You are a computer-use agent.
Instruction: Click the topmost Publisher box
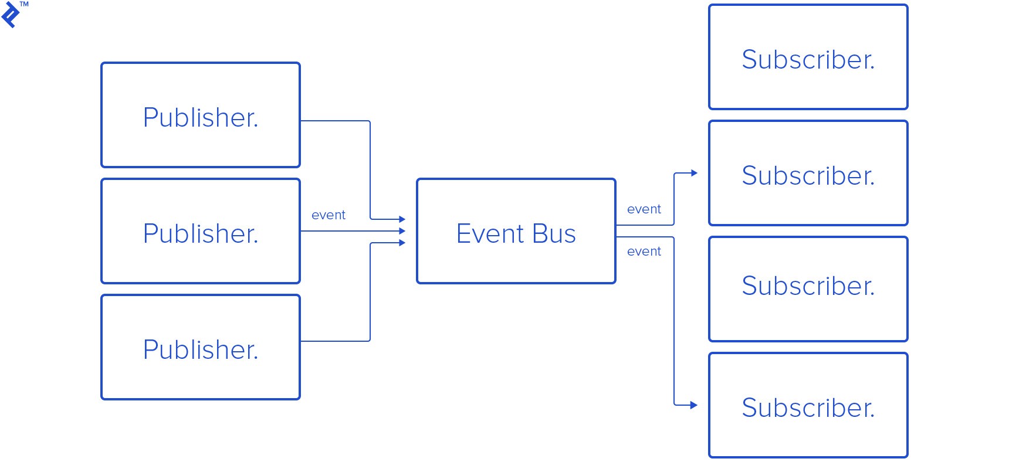(x=201, y=115)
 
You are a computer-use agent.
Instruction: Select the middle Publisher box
(x=201, y=231)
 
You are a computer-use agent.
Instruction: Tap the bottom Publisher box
(x=201, y=347)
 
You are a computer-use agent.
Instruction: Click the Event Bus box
(x=516, y=231)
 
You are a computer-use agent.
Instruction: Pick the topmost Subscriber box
(x=808, y=57)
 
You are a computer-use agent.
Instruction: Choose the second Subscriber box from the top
(x=808, y=173)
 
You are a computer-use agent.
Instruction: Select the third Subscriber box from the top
(x=808, y=289)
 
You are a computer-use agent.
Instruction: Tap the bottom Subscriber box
(x=808, y=405)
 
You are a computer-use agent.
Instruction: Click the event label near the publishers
(x=329, y=215)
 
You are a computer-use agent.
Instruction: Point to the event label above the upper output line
(x=644, y=209)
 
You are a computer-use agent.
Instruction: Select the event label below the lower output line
(x=644, y=252)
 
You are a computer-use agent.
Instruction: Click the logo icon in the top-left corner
(x=10, y=15)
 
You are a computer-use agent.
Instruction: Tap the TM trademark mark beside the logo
(x=24, y=4)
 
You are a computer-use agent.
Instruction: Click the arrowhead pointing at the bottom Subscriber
(x=695, y=405)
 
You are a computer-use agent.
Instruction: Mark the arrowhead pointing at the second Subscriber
(x=695, y=173)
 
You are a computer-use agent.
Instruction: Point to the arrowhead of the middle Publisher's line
(x=402, y=231)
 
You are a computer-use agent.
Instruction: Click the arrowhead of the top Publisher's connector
(x=402, y=219)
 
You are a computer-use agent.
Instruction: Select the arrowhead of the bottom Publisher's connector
(x=402, y=243)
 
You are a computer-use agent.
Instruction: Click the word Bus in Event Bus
(x=554, y=234)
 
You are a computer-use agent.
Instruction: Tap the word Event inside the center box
(x=490, y=234)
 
